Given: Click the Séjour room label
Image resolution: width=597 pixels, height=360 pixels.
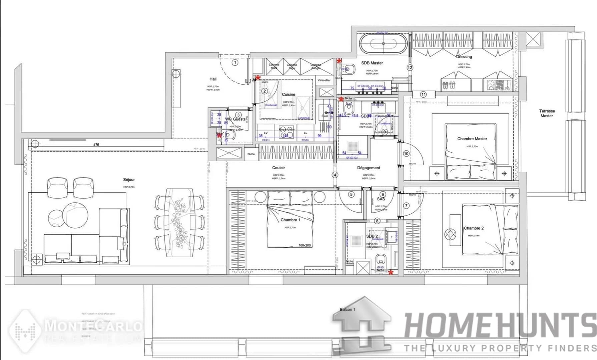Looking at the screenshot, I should [x=129, y=180].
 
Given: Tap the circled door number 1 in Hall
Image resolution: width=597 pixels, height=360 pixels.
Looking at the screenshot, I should [x=235, y=62].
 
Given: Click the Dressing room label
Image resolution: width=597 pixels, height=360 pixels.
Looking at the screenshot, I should [x=464, y=57].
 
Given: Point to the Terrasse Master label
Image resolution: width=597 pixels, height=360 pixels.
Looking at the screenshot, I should [x=547, y=113].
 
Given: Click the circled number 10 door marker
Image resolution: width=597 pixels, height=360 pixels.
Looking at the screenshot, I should [x=406, y=154].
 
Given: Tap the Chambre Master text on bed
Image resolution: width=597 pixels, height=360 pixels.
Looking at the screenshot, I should [x=472, y=139].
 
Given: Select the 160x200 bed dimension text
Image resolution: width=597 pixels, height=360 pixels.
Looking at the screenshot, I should [x=305, y=245].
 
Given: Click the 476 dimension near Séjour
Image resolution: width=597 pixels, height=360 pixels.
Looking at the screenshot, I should [x=96, y=145].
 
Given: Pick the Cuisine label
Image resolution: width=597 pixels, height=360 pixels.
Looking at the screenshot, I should [x=288, y=94].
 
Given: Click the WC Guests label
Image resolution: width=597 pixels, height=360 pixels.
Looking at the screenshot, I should [x=235, y=119].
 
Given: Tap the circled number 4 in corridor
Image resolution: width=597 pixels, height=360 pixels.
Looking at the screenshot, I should [x=335, y=175].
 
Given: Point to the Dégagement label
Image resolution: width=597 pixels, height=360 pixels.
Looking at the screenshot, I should [x=369, y=168].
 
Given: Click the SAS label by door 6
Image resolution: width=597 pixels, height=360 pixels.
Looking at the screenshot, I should [x=381, y=199].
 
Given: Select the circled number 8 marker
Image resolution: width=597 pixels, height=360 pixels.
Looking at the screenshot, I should [x=377, y=221].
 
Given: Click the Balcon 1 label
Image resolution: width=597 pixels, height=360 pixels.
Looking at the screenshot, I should [x=348, y=309].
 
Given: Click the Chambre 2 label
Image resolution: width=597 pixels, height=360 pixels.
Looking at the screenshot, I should [x=474, y=228].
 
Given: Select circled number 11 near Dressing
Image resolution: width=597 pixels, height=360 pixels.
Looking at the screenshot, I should [x=423, y=94].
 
